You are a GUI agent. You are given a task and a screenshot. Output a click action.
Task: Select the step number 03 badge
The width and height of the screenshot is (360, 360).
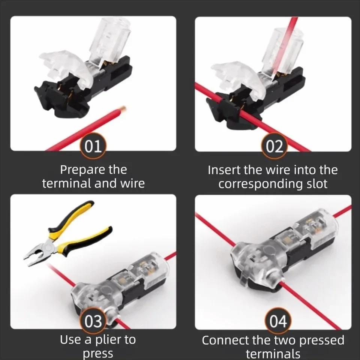point(93,322)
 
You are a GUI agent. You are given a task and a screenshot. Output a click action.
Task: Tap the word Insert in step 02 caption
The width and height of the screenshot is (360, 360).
point(224,170)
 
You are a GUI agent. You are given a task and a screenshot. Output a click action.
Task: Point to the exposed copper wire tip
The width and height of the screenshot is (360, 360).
point(122,110)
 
